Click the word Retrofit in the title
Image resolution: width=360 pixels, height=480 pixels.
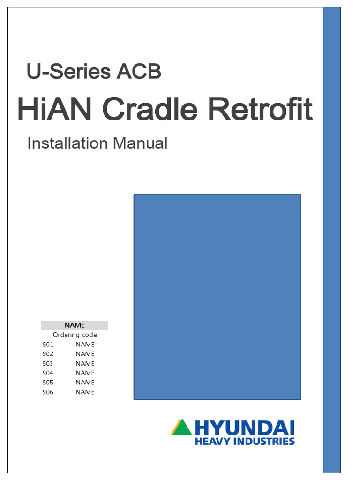260,109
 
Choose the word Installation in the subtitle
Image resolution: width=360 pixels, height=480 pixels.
67,143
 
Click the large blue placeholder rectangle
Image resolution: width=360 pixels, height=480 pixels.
217,297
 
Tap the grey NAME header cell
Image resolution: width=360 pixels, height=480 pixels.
75,325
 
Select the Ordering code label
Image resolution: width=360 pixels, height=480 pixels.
75,335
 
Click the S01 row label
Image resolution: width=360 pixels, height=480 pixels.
48,345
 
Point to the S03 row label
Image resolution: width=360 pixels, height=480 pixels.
48,363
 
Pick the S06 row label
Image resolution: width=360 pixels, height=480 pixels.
48,392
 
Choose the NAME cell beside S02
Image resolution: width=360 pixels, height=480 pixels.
85,354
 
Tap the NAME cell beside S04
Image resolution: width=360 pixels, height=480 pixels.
85,373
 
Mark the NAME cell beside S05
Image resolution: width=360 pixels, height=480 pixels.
85,382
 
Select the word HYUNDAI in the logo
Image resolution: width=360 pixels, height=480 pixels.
244,427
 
